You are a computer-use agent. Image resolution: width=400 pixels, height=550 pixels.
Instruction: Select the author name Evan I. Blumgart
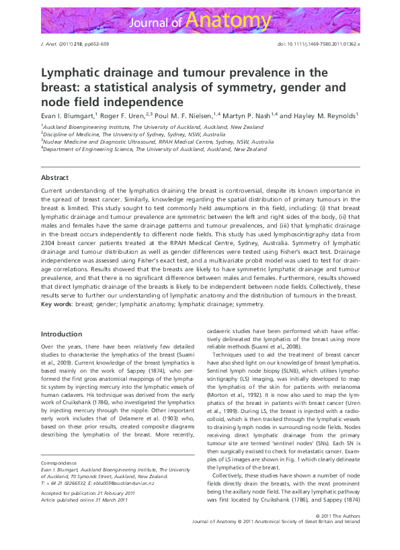click(67, 116)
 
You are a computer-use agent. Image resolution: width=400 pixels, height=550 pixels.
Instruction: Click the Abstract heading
click(54, 178)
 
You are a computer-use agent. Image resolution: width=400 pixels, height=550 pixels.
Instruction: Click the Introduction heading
click(62, 334)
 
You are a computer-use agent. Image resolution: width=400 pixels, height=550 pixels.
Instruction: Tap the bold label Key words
click(56, 304)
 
